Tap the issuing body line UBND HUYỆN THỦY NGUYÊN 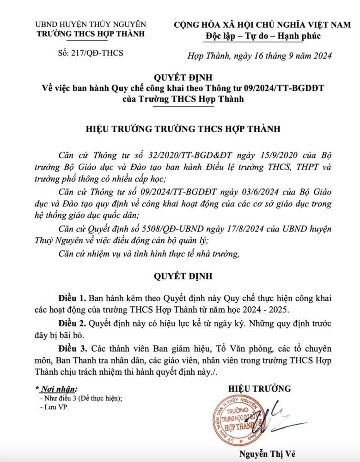pyautogui.click(x=91, y=24)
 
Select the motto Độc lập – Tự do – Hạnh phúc pyautogui.click(x=262, y=36)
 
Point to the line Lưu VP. pyautogui.click(x=54, y=408)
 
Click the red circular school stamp pyautogui.click(x=241, y=420)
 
